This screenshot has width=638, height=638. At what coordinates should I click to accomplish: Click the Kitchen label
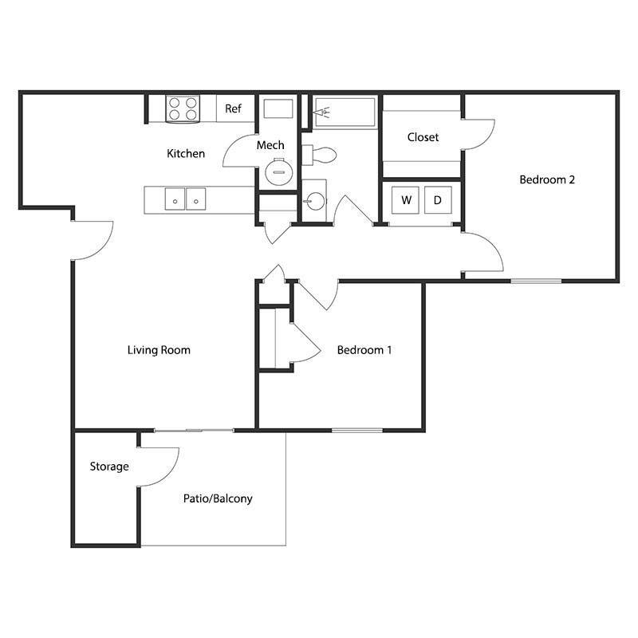186,153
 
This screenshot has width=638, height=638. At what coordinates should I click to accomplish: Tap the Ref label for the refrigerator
233,108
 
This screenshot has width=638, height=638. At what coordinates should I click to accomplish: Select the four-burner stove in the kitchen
183,108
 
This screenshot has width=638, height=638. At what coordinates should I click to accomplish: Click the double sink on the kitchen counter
185,199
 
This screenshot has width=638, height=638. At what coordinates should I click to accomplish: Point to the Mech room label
270,145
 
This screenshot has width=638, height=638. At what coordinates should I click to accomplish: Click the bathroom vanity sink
314,199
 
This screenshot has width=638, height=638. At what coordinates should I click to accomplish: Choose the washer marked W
406,200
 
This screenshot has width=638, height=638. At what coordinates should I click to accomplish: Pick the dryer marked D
437,200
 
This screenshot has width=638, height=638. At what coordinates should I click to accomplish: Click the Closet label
423,137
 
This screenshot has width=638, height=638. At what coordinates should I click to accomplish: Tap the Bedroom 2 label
547,179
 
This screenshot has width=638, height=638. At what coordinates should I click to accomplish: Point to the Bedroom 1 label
364,349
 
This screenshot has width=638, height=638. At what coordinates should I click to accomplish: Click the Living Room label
159,349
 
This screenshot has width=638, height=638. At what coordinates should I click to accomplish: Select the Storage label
108,467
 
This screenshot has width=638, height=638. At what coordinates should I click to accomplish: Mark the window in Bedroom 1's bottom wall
356,431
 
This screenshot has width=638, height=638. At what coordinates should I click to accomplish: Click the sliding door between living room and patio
194,431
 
